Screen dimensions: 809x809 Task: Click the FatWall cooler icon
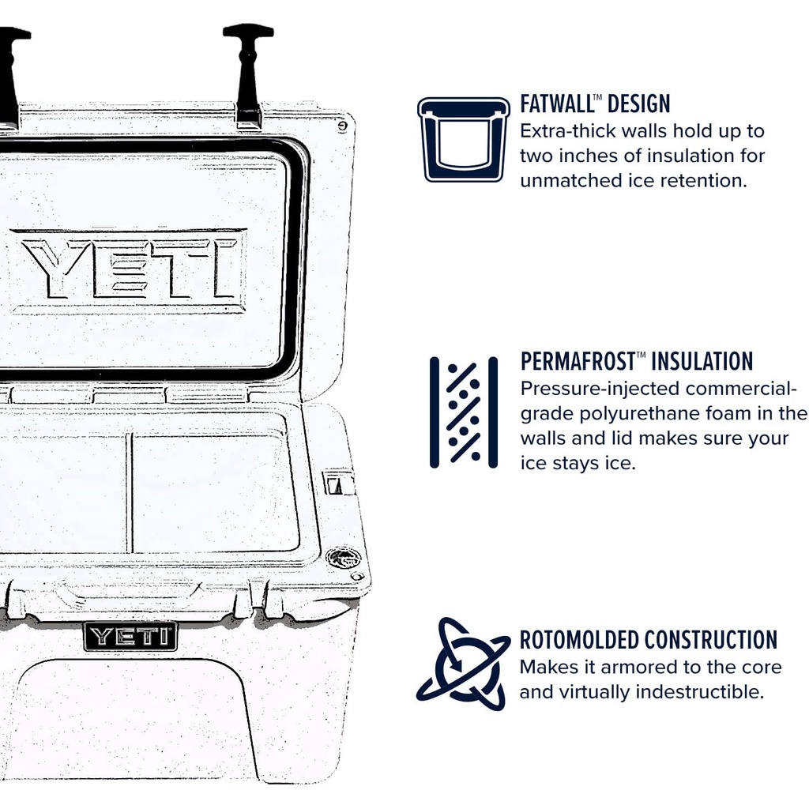pyautogui.click(x=463, y=140)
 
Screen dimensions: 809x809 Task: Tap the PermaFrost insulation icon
pyautogui.click(x=464, y=412)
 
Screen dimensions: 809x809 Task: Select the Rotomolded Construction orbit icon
pyautogui.click(x=463, y=664)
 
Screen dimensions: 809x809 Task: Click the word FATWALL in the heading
pyautogui.click(x=556, y=103)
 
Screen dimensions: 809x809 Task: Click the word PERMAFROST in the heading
pyautogui.click(x=578, y=362)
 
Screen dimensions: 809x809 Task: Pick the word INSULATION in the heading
pyautogui.click(x=702, y=362)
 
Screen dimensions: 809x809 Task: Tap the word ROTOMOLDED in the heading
pyautogui.click(x=579, y=640)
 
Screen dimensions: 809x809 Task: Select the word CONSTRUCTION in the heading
pyautogui.click(x=711, y=640)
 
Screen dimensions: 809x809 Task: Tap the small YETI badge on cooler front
pyautogui.click(x=130, y=636)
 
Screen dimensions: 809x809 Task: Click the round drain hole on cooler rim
pyautogui.click(x=344, y=558)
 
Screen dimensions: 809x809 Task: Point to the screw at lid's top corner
pyautogui.click(x=342, y=125)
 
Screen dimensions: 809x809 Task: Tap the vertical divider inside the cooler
pyautogui.click(x=130, y=491)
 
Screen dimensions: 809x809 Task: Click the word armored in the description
pyautogui.click(x=630, y=667)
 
